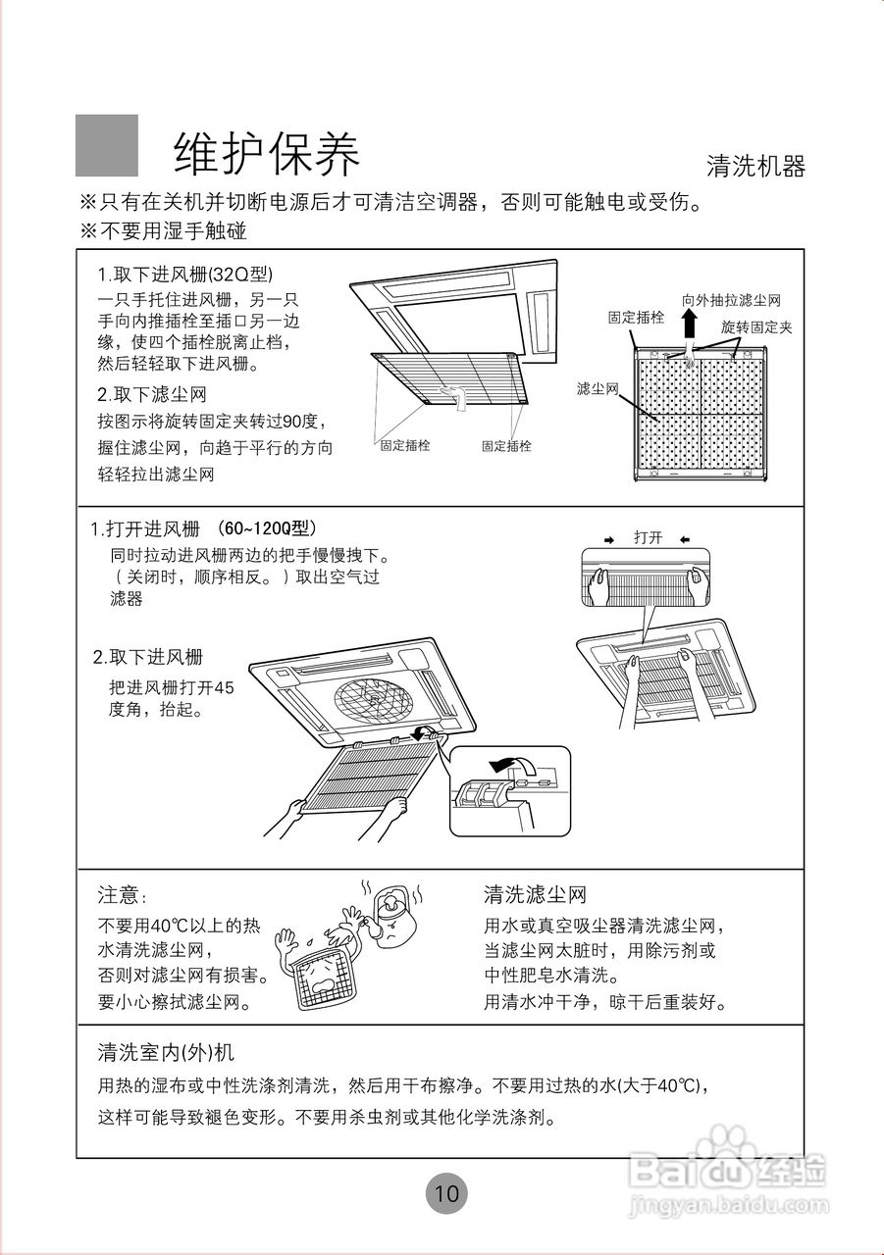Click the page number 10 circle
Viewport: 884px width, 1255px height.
point(446,1193)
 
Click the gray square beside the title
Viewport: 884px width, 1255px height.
point(107,145)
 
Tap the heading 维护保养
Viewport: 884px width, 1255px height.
point(267,153)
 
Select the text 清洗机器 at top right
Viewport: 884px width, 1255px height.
point(755,166)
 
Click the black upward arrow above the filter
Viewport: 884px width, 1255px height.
point(690,325)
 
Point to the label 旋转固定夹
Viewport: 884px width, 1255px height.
point(755,326)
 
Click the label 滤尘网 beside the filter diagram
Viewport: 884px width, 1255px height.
point(598,389)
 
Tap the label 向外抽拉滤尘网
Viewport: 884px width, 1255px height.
point(731,300)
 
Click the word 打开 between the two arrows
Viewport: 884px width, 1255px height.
point(648,537)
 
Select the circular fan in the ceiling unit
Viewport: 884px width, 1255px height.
point(374,698)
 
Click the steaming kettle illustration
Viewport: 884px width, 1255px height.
point(392,916)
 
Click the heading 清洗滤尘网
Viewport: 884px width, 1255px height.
point(534,894)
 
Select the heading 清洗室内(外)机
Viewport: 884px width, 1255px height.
point(165,1052)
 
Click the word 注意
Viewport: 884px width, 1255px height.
point(121,895)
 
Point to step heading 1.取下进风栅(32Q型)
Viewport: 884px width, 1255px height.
point(184,274)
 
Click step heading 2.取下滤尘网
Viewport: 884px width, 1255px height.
point(151,394)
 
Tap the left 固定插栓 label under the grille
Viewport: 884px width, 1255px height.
point(405,445)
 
